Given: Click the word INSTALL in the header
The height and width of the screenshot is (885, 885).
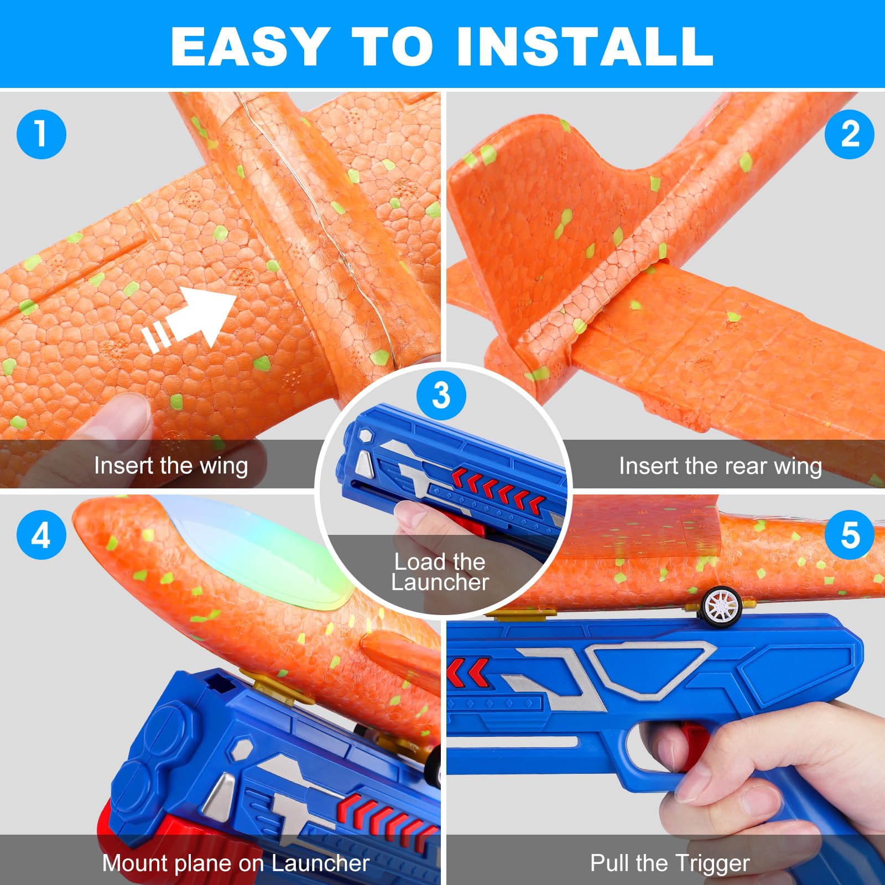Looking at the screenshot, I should [x=585, y=46].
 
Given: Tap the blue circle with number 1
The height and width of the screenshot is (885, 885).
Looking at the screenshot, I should [x=41, y=134].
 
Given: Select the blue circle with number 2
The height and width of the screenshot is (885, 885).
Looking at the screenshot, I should [x=849, y=134].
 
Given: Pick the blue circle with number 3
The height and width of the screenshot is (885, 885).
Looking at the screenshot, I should [x=441, y=395].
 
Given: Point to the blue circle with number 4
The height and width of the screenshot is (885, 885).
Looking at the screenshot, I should [x=41, y=535].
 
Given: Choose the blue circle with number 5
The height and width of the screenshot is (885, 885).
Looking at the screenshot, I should [x=849, y=535].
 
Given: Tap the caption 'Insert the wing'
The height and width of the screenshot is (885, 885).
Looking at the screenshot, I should [x=171, y=465].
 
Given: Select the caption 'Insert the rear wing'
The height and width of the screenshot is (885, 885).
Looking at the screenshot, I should [x=720, y=466].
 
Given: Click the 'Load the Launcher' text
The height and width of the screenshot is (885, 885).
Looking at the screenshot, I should [x=440, y=572].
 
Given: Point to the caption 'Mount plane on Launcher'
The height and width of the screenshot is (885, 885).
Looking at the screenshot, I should [x=236, y=863].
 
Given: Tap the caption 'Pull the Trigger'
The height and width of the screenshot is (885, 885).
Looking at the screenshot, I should [x=670, y=863].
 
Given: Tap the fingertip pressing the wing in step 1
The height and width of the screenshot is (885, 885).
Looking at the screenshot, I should [x=122, y=420].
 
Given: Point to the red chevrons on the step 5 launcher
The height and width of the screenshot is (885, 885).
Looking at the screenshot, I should [x=468, y=671].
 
